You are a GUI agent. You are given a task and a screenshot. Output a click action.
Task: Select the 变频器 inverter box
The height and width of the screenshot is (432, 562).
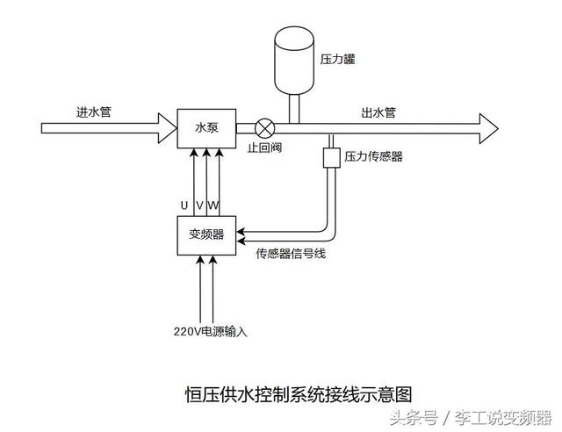pos(205,234)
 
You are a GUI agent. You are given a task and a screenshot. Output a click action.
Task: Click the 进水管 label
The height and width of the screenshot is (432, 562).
pos(94,112)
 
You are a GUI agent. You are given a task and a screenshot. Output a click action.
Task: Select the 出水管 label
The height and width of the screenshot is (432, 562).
pos(378,112)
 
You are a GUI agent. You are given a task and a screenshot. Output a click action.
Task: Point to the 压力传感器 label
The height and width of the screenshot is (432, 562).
pos(374,157)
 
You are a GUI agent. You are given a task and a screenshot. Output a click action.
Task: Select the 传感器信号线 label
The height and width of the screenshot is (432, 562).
pos(291,255)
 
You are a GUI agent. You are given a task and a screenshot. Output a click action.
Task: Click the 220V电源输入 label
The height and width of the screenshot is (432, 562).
pos(211,331)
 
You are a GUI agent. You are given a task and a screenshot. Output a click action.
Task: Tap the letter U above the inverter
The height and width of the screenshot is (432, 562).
pos(184,205)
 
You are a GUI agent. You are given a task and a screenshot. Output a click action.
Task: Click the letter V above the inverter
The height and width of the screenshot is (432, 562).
pos(199,205)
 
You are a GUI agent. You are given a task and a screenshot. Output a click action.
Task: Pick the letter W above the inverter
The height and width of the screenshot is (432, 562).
pos(213,205)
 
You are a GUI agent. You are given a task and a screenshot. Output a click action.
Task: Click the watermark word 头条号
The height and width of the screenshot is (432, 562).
pos(413,416)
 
